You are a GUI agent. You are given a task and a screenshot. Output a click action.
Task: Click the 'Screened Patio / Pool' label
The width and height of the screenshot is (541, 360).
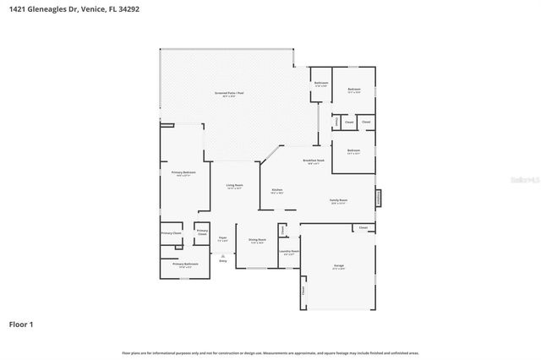[x=228, y=93]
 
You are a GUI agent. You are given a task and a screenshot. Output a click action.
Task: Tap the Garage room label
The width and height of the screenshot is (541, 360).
[x=338, y=266]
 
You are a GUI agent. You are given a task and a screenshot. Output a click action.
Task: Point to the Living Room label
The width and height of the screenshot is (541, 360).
[x=234, y=186]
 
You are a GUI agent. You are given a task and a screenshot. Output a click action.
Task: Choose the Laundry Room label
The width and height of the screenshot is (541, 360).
[x=289, y=251]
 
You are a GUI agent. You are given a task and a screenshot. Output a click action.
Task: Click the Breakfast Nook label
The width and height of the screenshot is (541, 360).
[x=314, y=161]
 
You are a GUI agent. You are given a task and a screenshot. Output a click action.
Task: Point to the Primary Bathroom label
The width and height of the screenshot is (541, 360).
[x=185, y=265]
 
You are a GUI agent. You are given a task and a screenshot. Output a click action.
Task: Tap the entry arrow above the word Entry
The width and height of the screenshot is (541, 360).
[x=223, y=254]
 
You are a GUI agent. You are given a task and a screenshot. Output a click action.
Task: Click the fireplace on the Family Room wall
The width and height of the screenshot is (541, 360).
[x=378, y=197]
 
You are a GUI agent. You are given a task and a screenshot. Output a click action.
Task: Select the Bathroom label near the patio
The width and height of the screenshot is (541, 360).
[x=321, y=84]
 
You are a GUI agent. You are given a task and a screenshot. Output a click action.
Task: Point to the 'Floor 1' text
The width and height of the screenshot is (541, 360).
[x=21, y=324]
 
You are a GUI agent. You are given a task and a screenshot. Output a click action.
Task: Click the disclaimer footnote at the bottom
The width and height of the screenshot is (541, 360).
[x=270, y=352]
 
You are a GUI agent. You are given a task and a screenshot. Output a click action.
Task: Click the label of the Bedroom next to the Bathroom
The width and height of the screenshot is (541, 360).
[x=354, y=90]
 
